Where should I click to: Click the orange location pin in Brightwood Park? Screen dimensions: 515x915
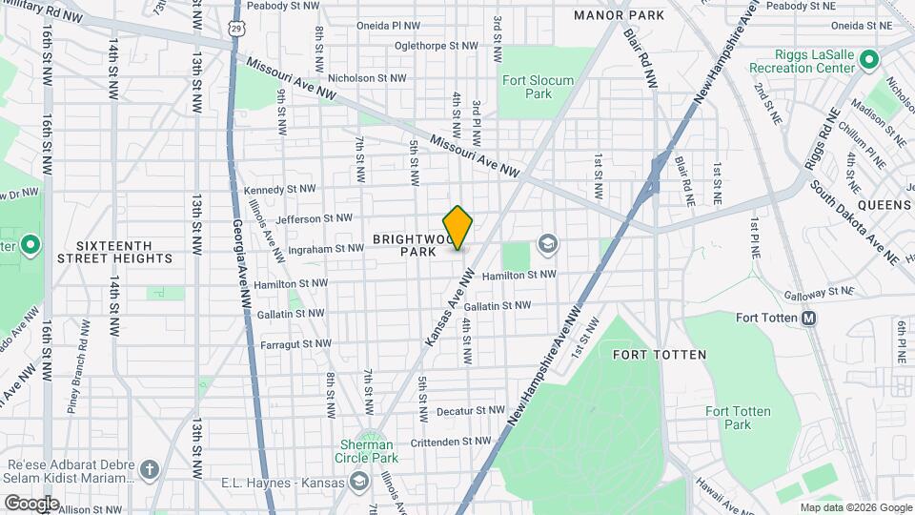point(458,228)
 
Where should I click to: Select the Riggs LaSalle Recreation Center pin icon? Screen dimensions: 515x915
point(868,61)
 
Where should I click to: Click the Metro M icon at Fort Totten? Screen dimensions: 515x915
point(808,318)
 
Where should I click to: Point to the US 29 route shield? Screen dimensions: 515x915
point(235,30)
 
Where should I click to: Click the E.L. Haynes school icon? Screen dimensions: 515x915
point(358,481)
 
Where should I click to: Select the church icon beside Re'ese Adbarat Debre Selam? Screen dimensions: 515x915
point(149,469)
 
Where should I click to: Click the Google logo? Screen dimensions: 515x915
point(31,503)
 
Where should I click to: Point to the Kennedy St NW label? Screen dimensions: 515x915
point(277,190)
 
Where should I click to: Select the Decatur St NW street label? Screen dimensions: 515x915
point(471,411)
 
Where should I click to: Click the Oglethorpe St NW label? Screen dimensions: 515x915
point(437,45)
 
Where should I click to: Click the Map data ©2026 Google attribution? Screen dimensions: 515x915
point(854,507)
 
